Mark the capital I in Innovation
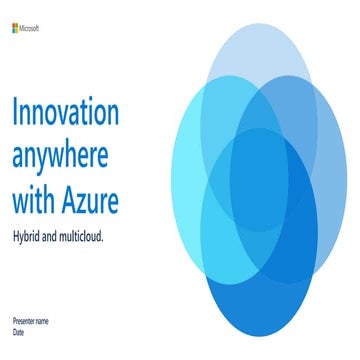coord(15,112)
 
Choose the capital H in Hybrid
coord(16,238)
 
